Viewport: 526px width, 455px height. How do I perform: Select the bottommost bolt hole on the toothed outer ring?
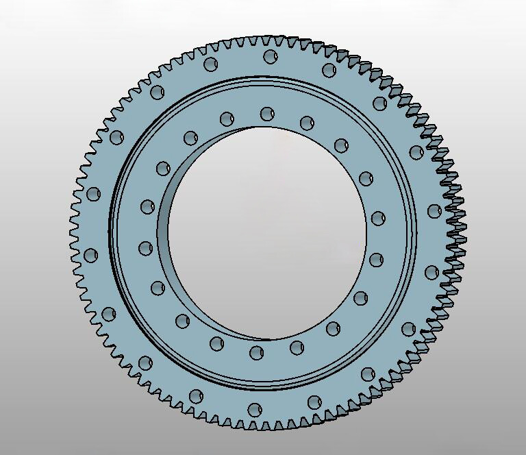coord(255,410)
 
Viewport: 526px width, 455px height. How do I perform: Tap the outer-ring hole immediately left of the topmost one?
coord(211,64)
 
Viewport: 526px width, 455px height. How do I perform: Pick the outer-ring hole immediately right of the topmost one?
coord(329,69)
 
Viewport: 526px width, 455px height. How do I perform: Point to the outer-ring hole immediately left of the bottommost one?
coord(197,396)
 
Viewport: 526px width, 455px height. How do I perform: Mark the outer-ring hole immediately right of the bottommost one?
coord(314,402)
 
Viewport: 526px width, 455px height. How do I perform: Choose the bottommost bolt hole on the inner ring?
coord(257,353)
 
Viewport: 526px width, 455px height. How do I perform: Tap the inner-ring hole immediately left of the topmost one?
coord(226,119)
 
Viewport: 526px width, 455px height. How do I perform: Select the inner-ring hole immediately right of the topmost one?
coord(307,123)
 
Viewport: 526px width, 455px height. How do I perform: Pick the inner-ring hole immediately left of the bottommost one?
coord(216,343)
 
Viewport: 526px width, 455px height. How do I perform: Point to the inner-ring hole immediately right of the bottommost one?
coord(297,347)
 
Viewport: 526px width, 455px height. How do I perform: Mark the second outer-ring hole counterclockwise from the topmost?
coord(157,92)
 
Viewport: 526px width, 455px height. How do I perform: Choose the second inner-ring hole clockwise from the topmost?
coord(341,145)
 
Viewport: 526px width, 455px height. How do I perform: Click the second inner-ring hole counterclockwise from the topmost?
coord(190,138)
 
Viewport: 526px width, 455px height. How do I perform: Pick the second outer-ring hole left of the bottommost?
coord(145,362)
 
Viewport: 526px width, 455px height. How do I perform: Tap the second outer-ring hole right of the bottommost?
coord(368,373)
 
